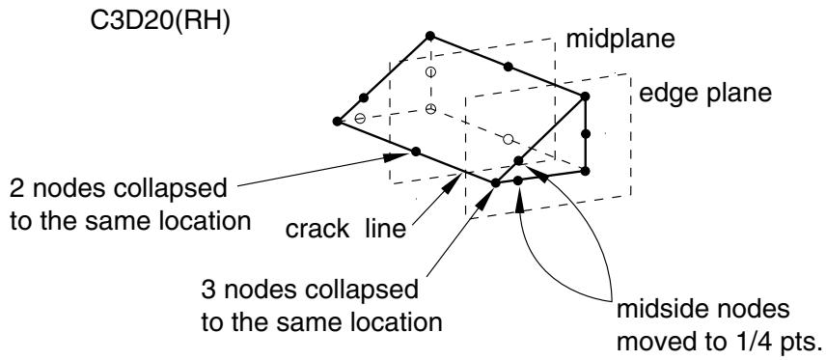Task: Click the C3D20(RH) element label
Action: coord(161,23)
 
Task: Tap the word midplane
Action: coord(620,41)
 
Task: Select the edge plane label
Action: coord(704,94)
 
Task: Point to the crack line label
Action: coord(345,229)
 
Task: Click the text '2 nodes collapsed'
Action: coord(119,188)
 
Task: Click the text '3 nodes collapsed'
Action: coord(310,290)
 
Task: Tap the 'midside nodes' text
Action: coord(702,309)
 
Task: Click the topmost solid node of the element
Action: coord(429,36)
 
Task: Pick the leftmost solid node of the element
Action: coord(337,122)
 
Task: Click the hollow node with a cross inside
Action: coord(431,109)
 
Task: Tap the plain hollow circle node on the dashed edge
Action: coord(508,139)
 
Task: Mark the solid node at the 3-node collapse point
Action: coord(495,183)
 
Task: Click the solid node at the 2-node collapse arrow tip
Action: coord(416,152)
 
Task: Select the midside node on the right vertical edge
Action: coord(586,134)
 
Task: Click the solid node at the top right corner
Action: coord(586,97)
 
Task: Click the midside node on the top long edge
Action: coord(508,67)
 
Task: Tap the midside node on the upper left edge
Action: coord(363,97)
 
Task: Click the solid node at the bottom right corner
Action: coord(586,171)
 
